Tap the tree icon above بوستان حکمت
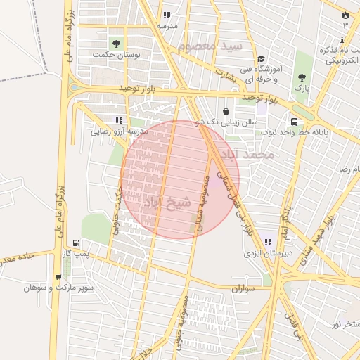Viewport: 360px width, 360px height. click(x=117, y=44)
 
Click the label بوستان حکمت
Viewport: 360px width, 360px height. click(x=117, y=54)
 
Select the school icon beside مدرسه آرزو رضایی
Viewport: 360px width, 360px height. click(x=119, y=120)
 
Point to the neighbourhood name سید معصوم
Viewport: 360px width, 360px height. click(x=210, y=46)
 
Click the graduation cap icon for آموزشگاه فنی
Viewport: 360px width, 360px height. click(x=261, y=59)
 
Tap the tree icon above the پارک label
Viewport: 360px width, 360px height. click(x=302, y=78)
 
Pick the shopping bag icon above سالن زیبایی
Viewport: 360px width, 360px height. click(x=226, y=111)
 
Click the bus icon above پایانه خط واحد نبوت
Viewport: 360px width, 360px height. click(x=293, y=121)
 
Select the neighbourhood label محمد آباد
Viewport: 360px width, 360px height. click(x=246, y=154)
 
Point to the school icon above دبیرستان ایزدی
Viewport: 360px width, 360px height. click(x=267, y=242)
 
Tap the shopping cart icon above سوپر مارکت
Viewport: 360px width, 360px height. click(x=58, y=278)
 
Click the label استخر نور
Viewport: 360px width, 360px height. click(x=345, y=323)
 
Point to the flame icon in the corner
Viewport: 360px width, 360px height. click(x=345, y=15)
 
